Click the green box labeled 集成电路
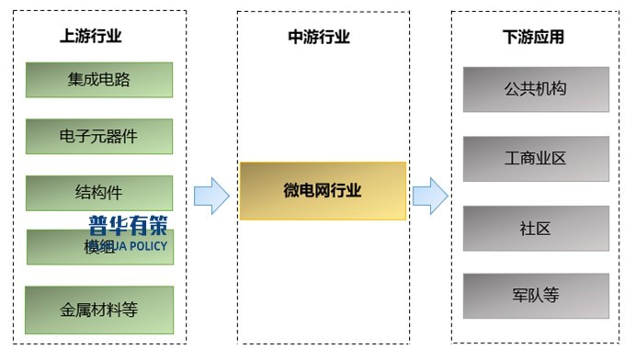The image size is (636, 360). (98, 80)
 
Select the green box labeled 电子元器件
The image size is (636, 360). (98, 136)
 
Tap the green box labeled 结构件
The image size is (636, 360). (98, 193)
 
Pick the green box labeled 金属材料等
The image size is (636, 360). (98, 309)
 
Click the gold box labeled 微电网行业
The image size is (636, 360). (323, 191)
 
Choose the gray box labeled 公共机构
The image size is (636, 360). (535, 89)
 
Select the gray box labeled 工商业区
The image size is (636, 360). (535, 159)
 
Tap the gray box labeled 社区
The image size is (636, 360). (535, 229)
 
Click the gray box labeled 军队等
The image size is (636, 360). (535, 296)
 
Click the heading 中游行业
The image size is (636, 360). (319, 37)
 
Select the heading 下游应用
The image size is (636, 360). (533, 37)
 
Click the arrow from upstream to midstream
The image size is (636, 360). (211, 196)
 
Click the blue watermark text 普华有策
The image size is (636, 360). (128, 225)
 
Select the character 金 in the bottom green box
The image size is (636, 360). (67, 309)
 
